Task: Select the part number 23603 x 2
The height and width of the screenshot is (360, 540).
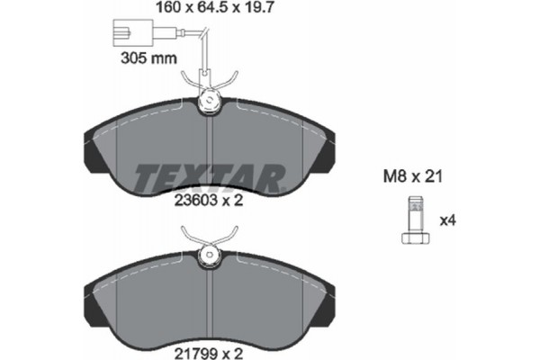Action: coord(208,202)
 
